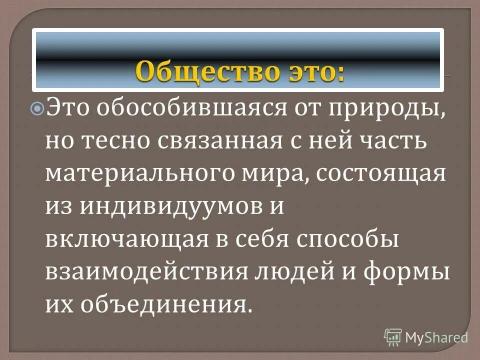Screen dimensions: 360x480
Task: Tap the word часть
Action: [394, 140]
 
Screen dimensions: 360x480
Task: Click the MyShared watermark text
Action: [437, 338]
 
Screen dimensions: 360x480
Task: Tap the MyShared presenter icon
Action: [393, 337]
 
